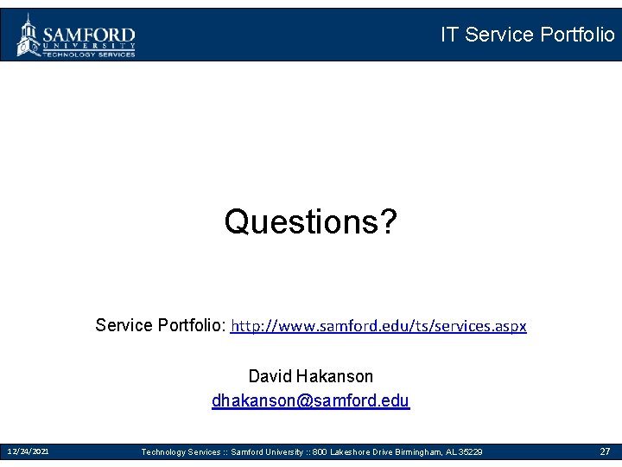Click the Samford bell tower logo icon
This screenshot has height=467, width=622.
pyautogui.click(x=29, y=35)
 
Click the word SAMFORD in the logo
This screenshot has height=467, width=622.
pyautogui.click(x=89, y=34)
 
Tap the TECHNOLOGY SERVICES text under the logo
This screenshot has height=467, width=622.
pyautogui.click(x=89, y=54)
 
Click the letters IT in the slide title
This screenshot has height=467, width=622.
pyautogui.click(x=449, y=35)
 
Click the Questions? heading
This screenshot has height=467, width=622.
pyautogui.click(x=310, y=222)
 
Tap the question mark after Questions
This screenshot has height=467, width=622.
pyautogui.click(x=388, y=222)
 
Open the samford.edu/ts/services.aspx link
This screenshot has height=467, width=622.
pyautogui.click(x=379, y=326)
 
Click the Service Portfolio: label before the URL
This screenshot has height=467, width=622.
pyautogui.click(x=161, y=326)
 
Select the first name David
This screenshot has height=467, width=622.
pyautogui.click(x=270, y=376)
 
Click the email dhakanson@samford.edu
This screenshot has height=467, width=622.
pyautogui.click(x=310, y=401)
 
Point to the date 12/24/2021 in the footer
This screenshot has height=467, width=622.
pyautogui.click(x=28, y=451)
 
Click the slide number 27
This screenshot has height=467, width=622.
pyautogui.click(x=605, y=451)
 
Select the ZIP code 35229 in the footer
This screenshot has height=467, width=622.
pyautogui.click(x=471, y=452)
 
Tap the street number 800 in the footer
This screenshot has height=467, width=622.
pyautogui.click(x=320, y=452)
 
